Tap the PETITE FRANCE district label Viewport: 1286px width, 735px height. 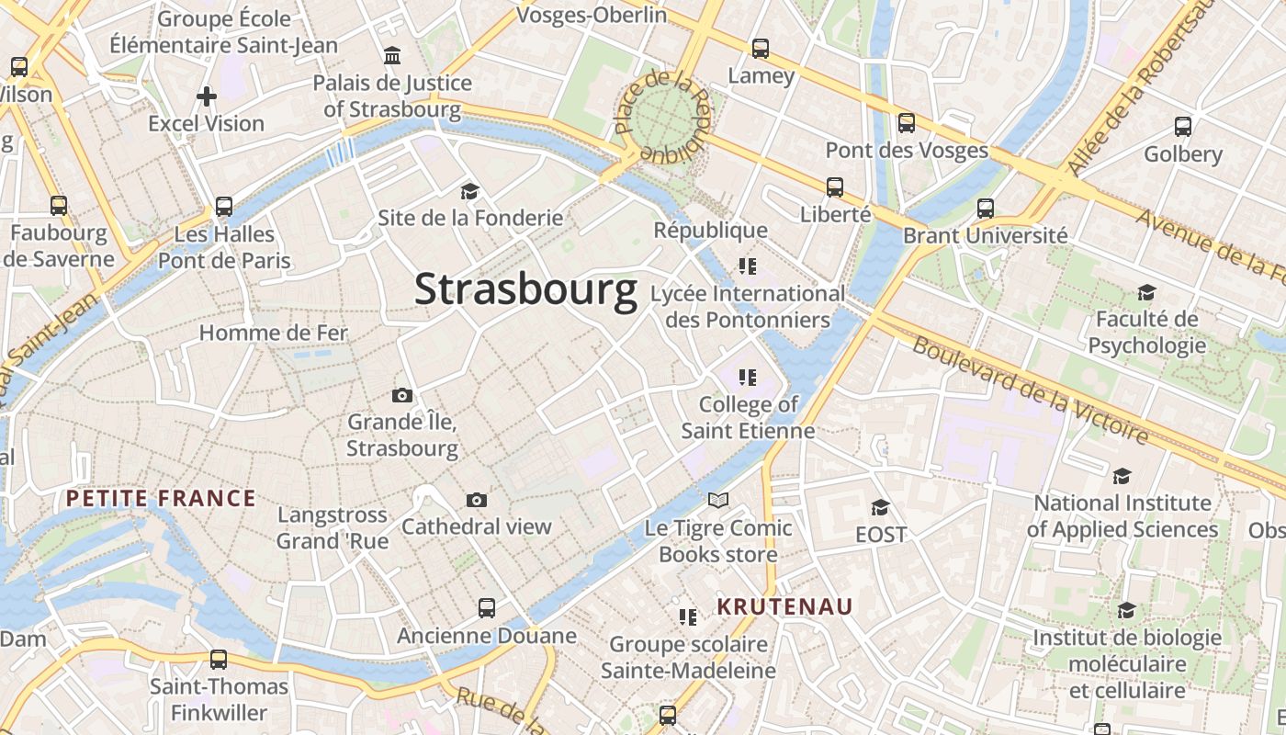[161, 499]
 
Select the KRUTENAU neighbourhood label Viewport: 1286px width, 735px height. [784, 606]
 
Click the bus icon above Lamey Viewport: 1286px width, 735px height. [761, 49]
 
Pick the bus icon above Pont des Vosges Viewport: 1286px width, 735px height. [907, 122]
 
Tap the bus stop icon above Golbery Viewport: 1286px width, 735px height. [1183, 127]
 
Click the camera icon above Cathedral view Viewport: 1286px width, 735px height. [476, 500]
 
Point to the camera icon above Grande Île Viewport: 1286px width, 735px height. [402, 395]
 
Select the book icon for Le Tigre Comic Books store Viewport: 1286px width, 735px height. [718, 501]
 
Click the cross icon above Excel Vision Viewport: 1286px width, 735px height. [207, 96]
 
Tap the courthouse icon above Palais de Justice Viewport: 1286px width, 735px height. [392, 56]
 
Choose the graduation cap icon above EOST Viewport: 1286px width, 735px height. [880, 507]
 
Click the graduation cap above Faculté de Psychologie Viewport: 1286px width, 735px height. [1146, 292]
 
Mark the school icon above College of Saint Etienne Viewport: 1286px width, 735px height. [748, 377]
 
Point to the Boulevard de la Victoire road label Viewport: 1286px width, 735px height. [1031, 391]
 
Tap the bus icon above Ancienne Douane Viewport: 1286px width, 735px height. [487, 608]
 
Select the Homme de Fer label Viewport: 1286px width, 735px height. [274, 333]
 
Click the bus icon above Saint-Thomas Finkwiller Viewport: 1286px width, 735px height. [219, 659]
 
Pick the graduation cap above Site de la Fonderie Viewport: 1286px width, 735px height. [470, 191]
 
